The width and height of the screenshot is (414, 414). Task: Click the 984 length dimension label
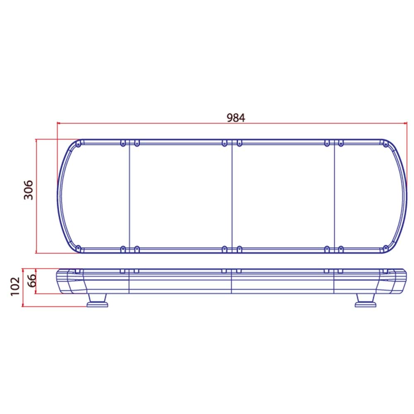[x=236, y=118]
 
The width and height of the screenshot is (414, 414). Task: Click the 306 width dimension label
[x=29, y=190]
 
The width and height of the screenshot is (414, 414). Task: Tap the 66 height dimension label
[x=32, y=280]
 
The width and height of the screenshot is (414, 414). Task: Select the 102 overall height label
[x=15, y=286]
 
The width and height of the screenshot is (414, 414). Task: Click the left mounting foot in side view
[x=97, y=301]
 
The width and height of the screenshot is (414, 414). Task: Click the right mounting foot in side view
[x=366, y=301]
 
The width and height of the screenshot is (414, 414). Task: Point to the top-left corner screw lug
[x=78, y=144]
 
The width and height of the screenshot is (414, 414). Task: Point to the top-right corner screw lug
[x=385, y=144]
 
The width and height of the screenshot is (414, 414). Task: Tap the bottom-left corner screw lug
[x=78, y=248]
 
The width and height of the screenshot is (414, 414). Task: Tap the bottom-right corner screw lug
[x=385, y=248]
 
